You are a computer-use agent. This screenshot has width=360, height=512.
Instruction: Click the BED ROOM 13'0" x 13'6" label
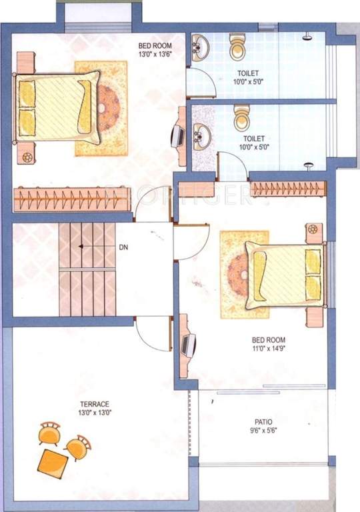(x=154, y=49)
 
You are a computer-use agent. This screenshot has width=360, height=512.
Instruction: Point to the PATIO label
(x=263, y=425)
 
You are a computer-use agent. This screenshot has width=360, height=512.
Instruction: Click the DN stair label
(x=124, y=247)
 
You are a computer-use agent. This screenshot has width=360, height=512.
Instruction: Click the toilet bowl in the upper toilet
(x=239, y=47)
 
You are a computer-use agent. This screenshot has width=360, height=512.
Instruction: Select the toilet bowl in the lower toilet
(x=241, y=118)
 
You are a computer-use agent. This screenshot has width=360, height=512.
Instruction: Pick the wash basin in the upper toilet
(x=200, y=48)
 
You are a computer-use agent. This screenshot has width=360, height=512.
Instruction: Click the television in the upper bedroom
(x=177, y=136)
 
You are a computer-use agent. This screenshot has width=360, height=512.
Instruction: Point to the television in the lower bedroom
(x=189, y=345)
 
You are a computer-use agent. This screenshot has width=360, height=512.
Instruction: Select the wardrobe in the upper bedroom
(x=72, y=199)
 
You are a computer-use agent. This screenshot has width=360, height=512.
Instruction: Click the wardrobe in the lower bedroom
(x=288, y=188)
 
